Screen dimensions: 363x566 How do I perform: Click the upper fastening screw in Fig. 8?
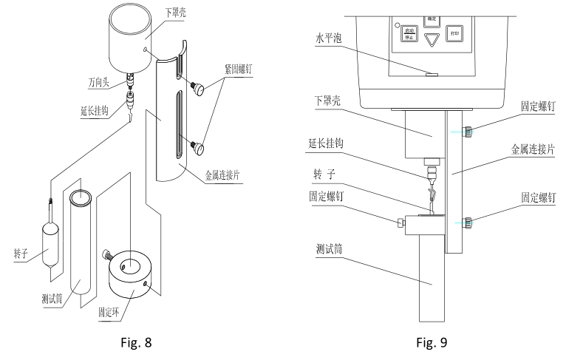[202, 87]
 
